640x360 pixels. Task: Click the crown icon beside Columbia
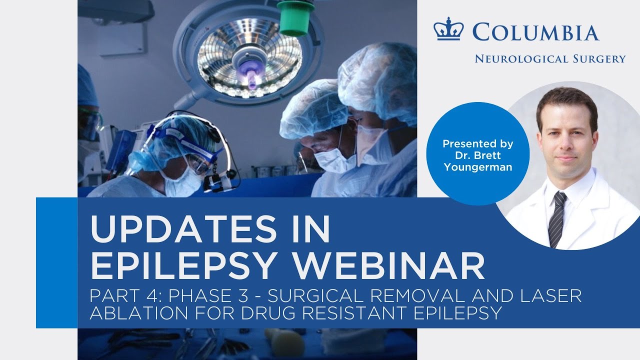448,31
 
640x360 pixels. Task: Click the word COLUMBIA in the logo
535,32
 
